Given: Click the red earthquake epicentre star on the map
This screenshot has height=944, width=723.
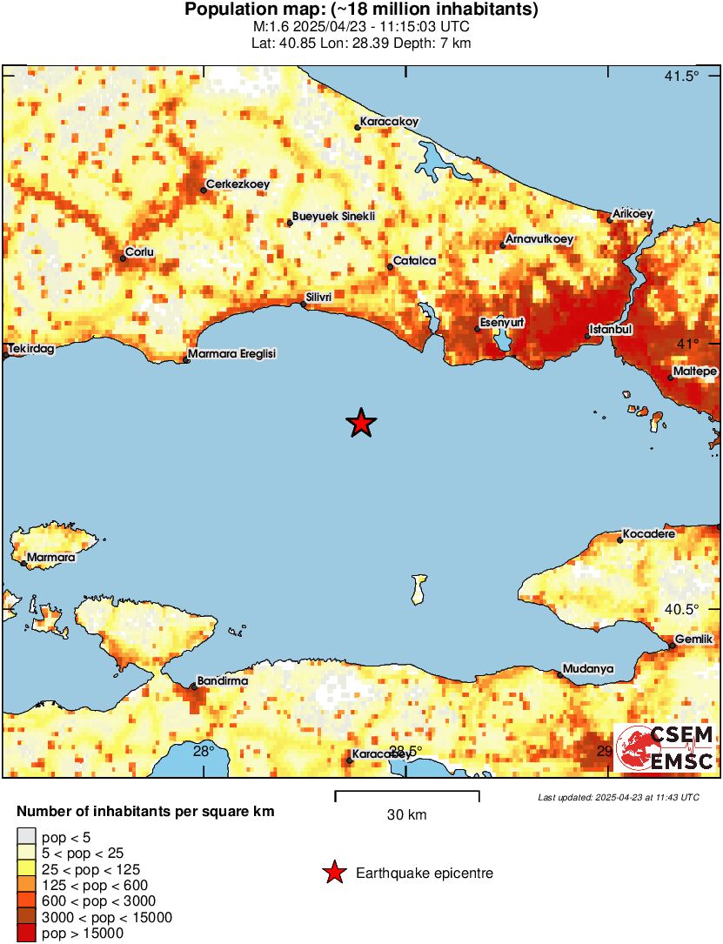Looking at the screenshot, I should [x=361, y=424].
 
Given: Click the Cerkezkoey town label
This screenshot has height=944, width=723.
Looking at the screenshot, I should [x=238, y=184].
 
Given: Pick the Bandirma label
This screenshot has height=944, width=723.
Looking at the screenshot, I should [x=223, y=681].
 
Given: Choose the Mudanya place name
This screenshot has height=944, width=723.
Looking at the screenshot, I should [x=588, y=669].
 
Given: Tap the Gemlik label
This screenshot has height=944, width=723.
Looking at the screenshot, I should [x=695, y=639].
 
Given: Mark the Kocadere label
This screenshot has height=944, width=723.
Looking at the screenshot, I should [x=649, y=534].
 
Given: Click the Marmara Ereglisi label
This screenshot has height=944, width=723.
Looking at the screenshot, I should [x=233, y=354].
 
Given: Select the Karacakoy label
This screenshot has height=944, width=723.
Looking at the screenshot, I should [x=390, y=122].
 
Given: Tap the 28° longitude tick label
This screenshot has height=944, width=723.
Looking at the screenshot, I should [x=204, y=752].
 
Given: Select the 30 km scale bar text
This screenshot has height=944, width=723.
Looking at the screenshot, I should [x=406, y=815].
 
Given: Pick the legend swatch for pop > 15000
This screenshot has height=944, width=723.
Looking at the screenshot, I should [x=26, y=933].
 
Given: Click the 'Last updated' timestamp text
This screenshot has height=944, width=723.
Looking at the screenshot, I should [x=618, y=797].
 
